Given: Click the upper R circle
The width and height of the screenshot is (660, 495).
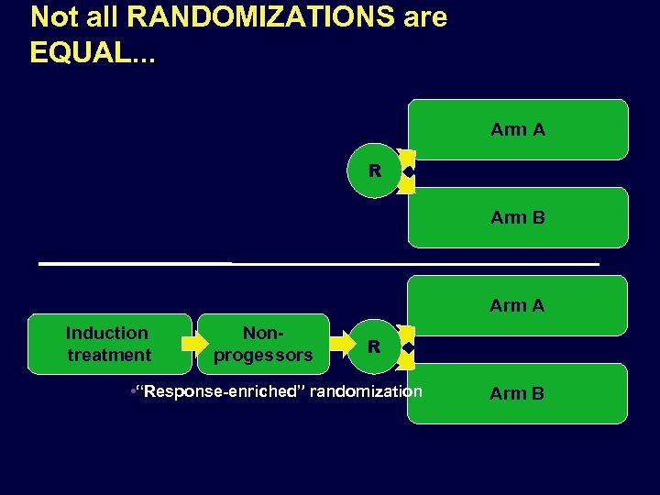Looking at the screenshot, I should pyautogui.click(x=374, y=170).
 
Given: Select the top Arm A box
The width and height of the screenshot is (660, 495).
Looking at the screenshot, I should pyautogui.click(x=518, y=129).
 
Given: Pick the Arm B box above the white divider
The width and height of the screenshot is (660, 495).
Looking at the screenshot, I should pyautogui.click(x=518, y=217).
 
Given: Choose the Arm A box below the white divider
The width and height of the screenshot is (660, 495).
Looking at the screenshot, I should pyautogui.click(x=518, y=305).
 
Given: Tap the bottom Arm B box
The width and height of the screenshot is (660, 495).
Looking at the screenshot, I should pyautogui.click(x=518, y=393).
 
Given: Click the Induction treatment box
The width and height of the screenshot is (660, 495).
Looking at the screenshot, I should pyautogui.click(x=109, y=344).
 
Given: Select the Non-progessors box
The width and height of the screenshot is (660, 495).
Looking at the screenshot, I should pyautogui.click(x=263, y=344).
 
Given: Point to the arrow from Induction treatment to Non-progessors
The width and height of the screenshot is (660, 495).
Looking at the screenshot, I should pyautogui.click(x=195, y=344).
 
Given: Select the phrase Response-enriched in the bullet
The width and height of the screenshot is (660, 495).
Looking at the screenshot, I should pyautogui.click(x=218, y=391).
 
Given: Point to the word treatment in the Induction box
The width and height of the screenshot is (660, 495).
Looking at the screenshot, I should pyautogui.click(x=109, y=355).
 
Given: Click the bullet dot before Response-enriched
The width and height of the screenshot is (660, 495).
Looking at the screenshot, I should pyautogui.click(x=133, y=391).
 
